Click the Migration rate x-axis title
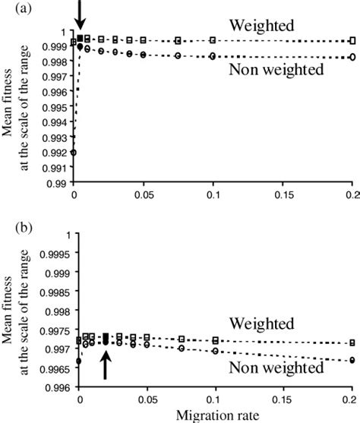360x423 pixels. click(216, 415)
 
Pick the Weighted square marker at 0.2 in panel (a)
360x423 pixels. click(352, 40)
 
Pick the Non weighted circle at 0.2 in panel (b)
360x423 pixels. click(352, 361)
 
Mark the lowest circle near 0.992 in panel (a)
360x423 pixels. click(74, 153)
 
